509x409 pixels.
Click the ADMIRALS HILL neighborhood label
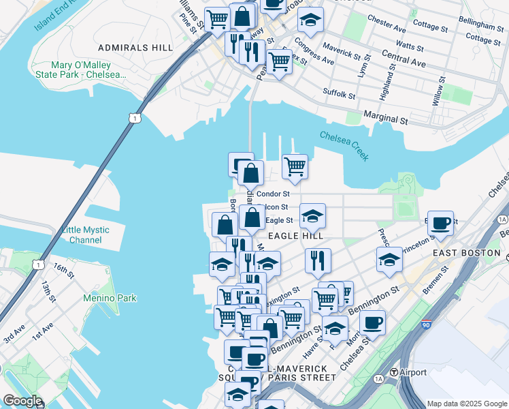[x=135, y=48]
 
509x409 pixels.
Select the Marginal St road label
[x=385, y=117]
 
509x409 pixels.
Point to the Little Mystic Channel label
[x=86, y=234]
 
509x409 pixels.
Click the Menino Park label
[x=110, y=298]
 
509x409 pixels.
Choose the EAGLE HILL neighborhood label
[x=295, y=235]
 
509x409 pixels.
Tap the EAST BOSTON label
[x=466, y=253]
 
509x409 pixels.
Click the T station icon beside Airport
[x=393, y=372]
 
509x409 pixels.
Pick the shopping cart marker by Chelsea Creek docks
[x=295, y=166]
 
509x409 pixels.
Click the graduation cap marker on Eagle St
[x=312, y=215]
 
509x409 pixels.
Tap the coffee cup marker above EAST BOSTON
[x=440, y=222]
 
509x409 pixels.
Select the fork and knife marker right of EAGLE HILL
[x=318, y=260]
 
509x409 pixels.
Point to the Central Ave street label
[x=404, y=58]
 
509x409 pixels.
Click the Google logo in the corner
[x=22, y=401]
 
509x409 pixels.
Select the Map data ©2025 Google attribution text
[x=466, y=403]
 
